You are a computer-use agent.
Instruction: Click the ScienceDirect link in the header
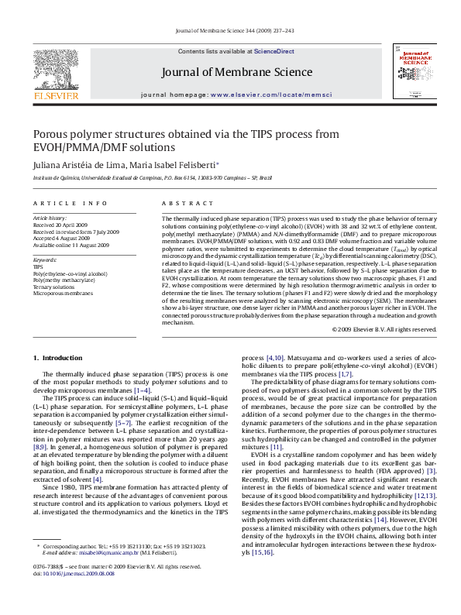click(x=274, y=51)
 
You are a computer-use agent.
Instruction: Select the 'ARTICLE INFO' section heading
click(x=71, y=203)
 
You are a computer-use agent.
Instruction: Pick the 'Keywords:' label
click(x=45, y=260)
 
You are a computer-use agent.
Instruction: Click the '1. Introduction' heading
click(x=58, y=357)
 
